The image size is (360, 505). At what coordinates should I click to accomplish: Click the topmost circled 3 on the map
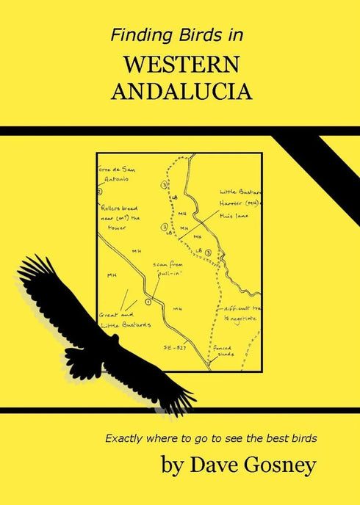pyautogui.click(x=164, y=186)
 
